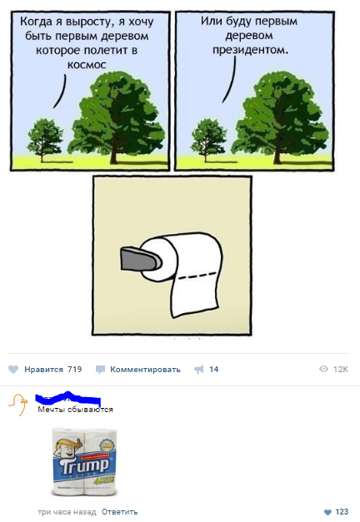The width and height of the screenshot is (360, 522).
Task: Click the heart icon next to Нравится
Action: point(13,369)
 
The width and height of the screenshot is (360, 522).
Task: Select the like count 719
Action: point(74,369)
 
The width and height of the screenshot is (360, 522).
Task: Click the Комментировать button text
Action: point(145,369)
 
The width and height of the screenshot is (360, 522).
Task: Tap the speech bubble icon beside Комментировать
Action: point(100,369)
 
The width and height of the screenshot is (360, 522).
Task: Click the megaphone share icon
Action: point(198,369)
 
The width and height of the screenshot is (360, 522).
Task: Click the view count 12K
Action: point(340,369)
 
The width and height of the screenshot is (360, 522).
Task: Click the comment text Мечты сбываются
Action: point(76,410)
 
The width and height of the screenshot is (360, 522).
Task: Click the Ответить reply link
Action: point(119,511)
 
